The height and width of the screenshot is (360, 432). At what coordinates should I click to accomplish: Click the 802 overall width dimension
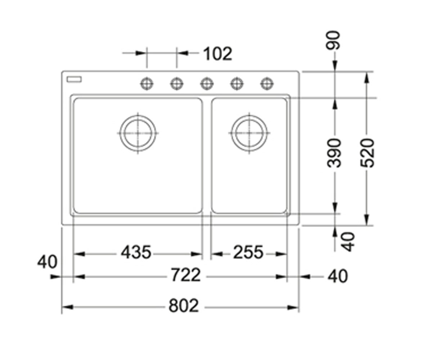(184, 306)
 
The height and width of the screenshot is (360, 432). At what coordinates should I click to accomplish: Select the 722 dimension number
(186, 275)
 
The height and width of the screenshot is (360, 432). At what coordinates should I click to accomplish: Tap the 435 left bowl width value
(136, 252)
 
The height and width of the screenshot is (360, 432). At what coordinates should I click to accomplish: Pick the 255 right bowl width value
(248, 252)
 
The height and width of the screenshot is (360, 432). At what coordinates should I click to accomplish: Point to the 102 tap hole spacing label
(218, 54)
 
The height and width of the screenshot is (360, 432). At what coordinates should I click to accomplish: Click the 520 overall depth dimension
(368, 153)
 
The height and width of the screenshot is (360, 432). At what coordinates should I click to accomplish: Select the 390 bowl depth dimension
(334, 153)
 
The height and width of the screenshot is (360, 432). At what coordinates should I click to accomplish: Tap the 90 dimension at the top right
(333, 40)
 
